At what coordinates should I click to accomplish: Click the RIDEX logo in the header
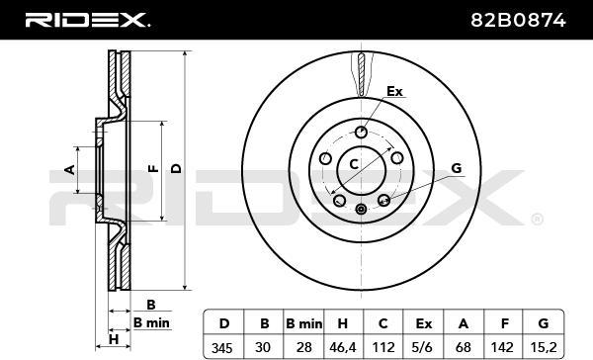[87, 19]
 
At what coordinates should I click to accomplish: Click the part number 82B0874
[530, 19]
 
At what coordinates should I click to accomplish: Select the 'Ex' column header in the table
[423, 322]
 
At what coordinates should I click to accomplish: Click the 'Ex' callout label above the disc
[394, 92]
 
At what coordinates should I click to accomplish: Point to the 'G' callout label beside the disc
[456, 169]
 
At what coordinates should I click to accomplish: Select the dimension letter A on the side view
[69, 170]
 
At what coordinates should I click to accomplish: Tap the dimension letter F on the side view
[151, 170]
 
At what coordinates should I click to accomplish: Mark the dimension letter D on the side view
[176, 169]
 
